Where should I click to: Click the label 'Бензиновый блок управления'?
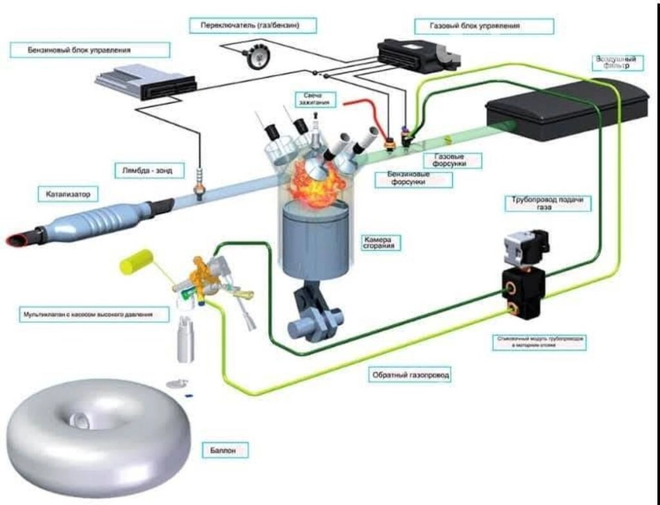tap(89, 50)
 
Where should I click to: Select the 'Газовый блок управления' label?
tap(483, 26)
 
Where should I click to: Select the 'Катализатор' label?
tap(72, 194)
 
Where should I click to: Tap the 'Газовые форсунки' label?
tap(454, 160)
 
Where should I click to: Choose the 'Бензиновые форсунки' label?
tap(414, 180)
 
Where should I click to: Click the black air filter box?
tap(558, 108)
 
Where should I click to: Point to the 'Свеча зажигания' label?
tap(313, 99)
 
